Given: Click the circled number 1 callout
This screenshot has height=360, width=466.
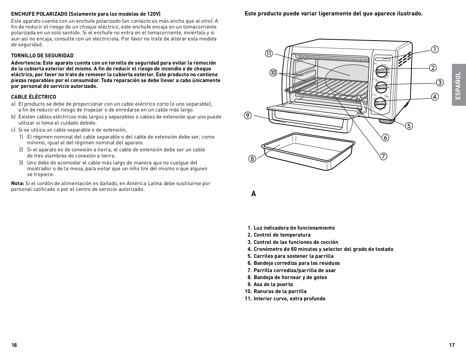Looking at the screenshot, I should [435, 49].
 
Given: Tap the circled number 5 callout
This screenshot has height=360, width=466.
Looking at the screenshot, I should [409, 126].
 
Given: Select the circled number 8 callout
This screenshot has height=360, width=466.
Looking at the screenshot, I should [252, 159].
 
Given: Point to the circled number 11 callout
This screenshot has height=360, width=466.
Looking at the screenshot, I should [269, 54].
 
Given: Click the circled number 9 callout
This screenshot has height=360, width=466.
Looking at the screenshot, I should [248, 116].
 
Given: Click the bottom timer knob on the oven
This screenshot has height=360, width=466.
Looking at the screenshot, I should [380, 103].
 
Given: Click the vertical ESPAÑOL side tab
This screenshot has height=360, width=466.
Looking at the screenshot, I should [458, 85].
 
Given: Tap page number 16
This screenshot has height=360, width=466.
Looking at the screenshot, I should [14, 345].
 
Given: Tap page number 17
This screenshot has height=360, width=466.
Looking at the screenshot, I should [452, 345].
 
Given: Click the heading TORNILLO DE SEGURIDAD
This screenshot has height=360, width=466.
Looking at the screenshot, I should [42, 56].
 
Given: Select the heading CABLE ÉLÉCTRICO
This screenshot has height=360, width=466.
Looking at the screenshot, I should [33, 97].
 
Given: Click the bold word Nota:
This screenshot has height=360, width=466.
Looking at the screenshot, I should [17, 183].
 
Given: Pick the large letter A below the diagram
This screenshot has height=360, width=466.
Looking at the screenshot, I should [254, 194].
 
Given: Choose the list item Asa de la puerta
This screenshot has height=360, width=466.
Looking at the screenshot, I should [273, 284].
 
